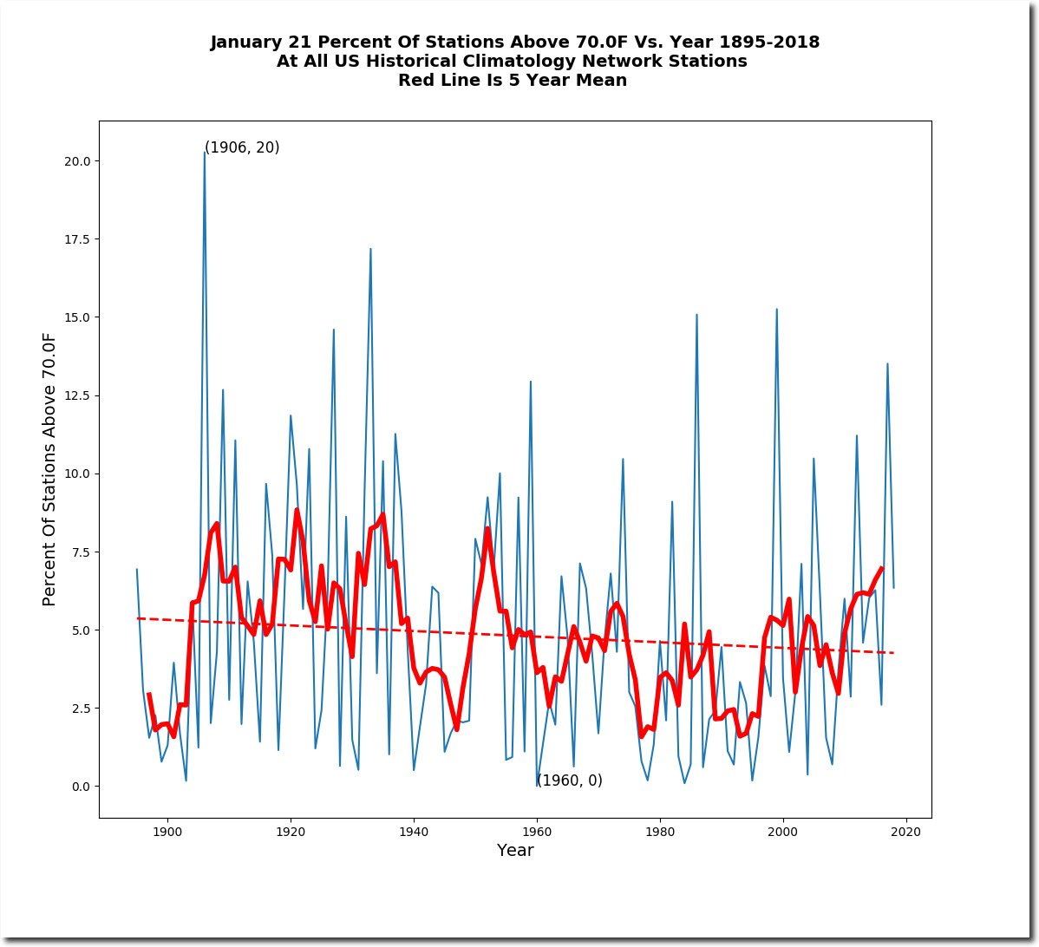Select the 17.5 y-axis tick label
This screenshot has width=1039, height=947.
point(77,239)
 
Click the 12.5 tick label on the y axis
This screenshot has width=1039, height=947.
point(77,395)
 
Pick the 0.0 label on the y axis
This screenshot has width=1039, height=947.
point(81,787)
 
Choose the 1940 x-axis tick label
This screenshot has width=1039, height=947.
point(414,832)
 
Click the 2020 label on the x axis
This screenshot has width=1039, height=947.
point(905,832)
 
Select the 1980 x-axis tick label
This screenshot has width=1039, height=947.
point(660,832)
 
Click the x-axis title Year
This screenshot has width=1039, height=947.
point(515,850)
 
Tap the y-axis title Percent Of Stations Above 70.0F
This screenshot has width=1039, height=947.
point(49,469)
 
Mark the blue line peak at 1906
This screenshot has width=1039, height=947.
point(204,153)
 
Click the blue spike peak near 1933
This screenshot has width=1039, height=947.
point(370,249)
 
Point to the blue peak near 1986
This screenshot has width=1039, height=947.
point(696,315)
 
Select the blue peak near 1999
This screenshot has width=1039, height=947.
point(776,310)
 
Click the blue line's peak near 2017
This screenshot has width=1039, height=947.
point(887,364)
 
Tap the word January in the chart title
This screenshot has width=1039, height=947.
point(246,42)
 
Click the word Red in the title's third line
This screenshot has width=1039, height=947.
point(413,80)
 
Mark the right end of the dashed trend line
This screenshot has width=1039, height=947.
point(893,653)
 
